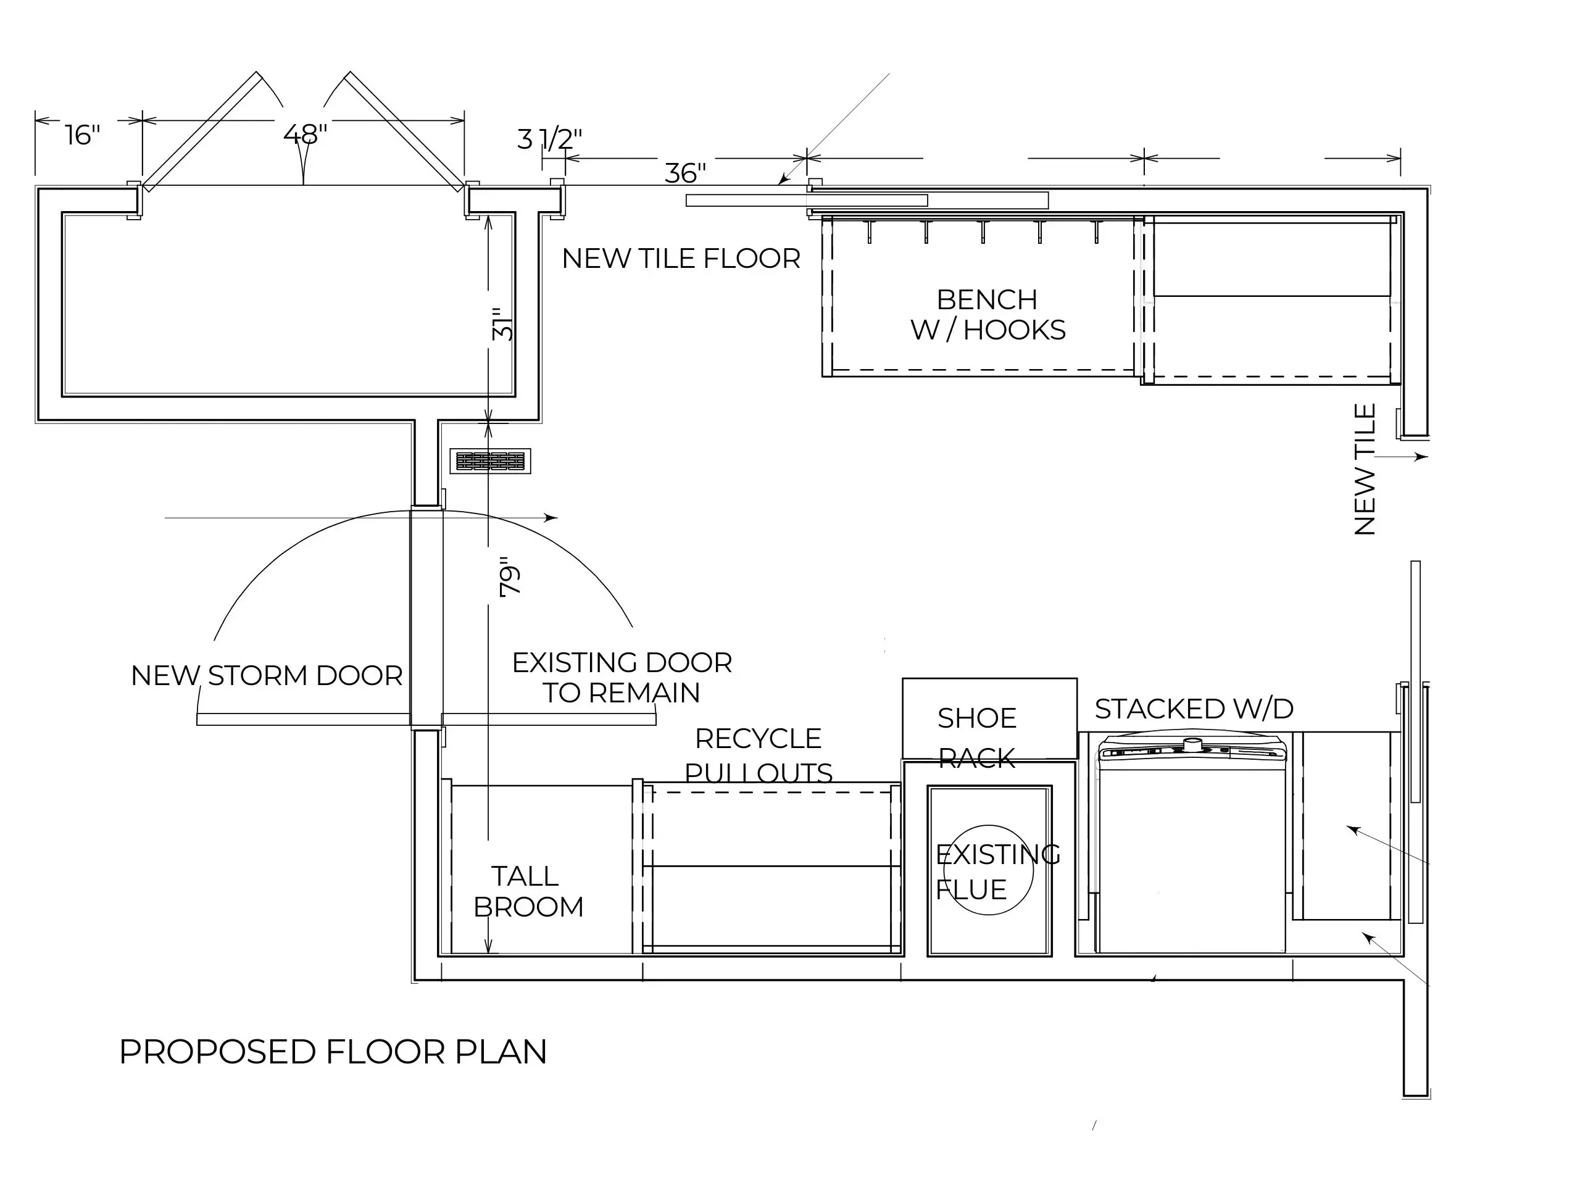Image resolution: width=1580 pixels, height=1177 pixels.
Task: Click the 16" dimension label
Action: [83, 135]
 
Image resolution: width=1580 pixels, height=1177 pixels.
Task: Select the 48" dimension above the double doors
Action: [305, 133]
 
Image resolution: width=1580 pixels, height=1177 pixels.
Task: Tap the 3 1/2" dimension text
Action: [549, 139]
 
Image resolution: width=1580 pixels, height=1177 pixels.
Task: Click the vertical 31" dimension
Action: [502, 324]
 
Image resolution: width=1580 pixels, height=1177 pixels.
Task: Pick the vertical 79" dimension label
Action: [510, 577]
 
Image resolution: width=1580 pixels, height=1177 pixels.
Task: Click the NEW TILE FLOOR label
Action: [681, 259]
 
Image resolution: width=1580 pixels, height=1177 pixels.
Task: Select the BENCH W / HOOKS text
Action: [987, 315]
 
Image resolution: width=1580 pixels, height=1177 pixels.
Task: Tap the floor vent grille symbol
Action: [490, 461]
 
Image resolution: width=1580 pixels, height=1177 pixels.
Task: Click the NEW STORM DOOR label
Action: [267, 675]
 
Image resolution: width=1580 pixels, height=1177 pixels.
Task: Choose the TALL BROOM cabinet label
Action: [528, 891]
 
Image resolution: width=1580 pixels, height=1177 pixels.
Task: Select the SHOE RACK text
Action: [976, 738]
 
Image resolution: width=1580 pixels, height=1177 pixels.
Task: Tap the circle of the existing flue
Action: [988, 870]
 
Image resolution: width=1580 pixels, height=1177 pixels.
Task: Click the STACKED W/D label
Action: [1194, 709]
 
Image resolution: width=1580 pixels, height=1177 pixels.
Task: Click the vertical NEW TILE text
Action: [1365, 470]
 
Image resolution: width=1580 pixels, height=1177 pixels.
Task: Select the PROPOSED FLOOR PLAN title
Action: [333, 1052]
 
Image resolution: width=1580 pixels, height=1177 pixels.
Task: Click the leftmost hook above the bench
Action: [869, 231]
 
